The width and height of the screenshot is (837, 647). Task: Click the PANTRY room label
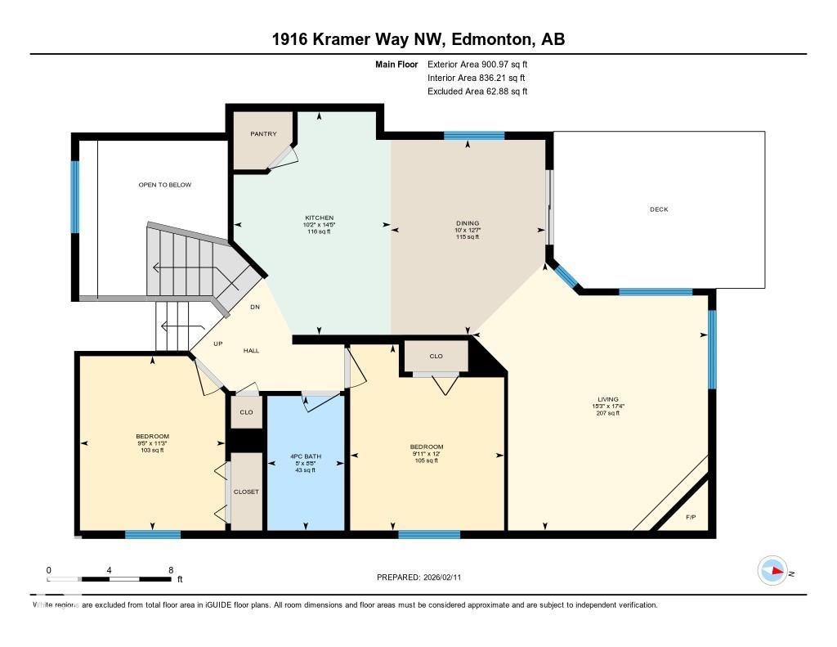pos(263,134)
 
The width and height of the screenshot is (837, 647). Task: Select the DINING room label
pos(468,223)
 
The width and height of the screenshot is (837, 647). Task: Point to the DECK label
pos(659,209)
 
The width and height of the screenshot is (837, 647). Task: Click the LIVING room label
pos(607,399)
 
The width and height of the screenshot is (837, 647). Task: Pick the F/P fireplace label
pos(691,517)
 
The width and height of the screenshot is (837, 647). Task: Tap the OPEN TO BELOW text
pos(165,185)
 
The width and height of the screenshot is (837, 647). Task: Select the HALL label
pos(251,350)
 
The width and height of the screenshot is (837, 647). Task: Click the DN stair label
pos(255,308)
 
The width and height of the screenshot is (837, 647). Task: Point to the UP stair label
pos(217,344)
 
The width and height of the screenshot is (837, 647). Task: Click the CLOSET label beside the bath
pos(246,492)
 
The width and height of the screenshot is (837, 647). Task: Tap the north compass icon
pos(772,571)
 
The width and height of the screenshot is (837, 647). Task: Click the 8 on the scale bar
pos(170,570)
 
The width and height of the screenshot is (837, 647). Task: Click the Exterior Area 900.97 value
pos(506,64)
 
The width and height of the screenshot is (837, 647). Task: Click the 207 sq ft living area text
pos(607,413)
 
